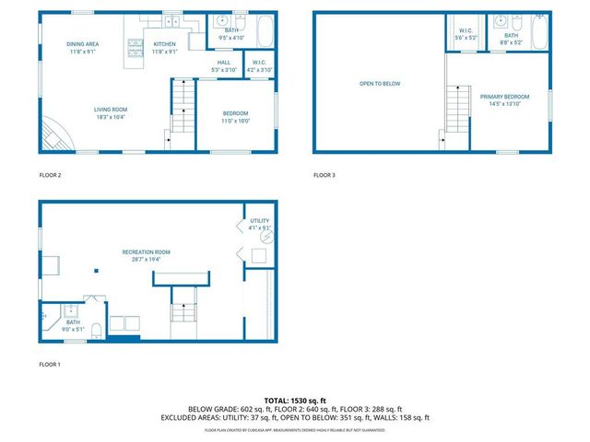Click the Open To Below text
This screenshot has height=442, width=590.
(x=380, y=84)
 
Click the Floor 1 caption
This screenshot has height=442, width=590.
(x=49, y=365)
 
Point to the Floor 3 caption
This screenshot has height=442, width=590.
(x=324, y=175)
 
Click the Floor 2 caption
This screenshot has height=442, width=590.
(x=49, y=175)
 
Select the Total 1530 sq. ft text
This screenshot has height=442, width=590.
(x=295, y=401)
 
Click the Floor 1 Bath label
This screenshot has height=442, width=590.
(x=72, y=324)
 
